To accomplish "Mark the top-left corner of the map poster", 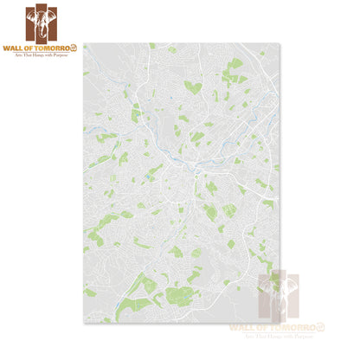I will tap(84, 43).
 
